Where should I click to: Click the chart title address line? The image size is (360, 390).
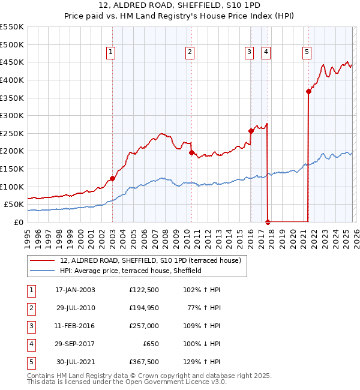180,5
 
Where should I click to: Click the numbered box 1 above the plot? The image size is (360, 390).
112,53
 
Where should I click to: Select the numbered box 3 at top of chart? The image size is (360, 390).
248,53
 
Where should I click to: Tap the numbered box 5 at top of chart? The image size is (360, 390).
307,53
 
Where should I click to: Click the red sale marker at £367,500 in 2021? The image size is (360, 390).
308,91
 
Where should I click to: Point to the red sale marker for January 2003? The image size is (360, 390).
112,178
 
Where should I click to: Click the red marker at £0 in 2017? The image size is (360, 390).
268,222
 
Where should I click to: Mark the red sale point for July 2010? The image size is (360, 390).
192,152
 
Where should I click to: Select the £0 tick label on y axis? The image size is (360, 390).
18,222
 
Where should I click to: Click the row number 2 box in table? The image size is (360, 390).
30,308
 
